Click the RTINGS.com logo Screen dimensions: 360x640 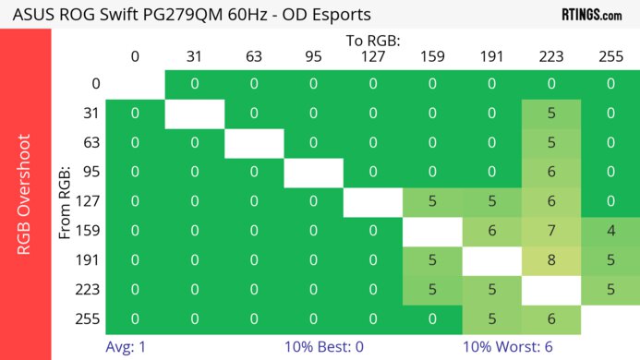pyautogui.click(x=591, y=15)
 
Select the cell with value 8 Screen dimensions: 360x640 pyautogui.click(x=551, y=260)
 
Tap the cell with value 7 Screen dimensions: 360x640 pyautogui.click(x=551, y=231)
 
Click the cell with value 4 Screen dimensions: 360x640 pyautogui.click(x=610, y=231)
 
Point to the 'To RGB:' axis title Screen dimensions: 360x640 pyautogui.click(x=372, y=41)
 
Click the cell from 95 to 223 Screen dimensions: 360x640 pyautogui.click(x=551, y=172)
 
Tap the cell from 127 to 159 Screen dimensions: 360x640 pyautogui.click(x=432, y=201)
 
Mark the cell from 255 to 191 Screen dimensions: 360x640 pyautogui.click(x=492, y=319)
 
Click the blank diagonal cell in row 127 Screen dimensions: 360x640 pyautogui.click(x=372, y=201)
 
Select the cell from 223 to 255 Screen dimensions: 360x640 pyautogui.click(x=610, y=290)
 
